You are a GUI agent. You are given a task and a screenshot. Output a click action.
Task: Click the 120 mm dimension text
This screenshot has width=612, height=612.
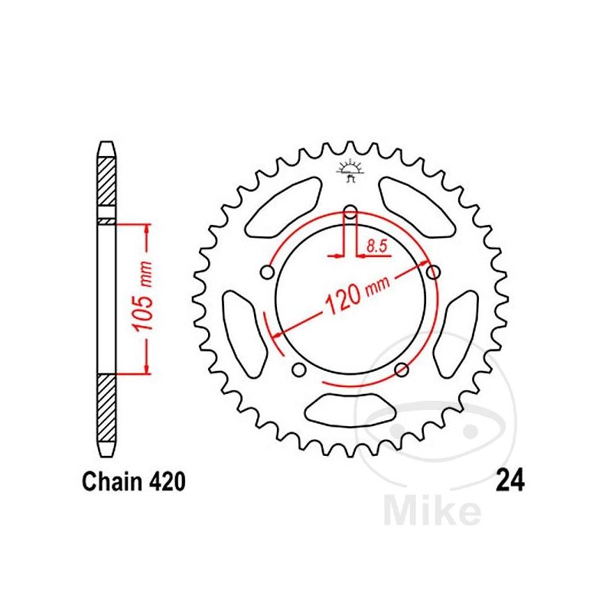tap(356, 295)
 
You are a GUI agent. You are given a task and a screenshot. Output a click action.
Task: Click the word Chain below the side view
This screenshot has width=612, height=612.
tap(112, 483)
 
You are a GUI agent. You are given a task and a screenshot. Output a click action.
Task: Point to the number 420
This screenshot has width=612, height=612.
tap(166, 483)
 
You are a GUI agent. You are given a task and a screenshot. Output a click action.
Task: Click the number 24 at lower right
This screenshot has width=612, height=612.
tap(509, 483)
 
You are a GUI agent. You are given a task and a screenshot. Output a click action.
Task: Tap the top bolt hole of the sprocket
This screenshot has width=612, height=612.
tap(350, 212)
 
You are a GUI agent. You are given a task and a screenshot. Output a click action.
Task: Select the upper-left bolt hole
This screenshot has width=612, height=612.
tap(267, 272)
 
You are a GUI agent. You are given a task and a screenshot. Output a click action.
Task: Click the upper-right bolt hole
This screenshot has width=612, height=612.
tap(434, 272)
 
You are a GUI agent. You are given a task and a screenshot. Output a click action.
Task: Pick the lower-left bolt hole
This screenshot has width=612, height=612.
tap(299, 369)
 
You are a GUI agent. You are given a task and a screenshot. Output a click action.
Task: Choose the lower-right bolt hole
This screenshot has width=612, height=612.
tap(402, 369)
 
